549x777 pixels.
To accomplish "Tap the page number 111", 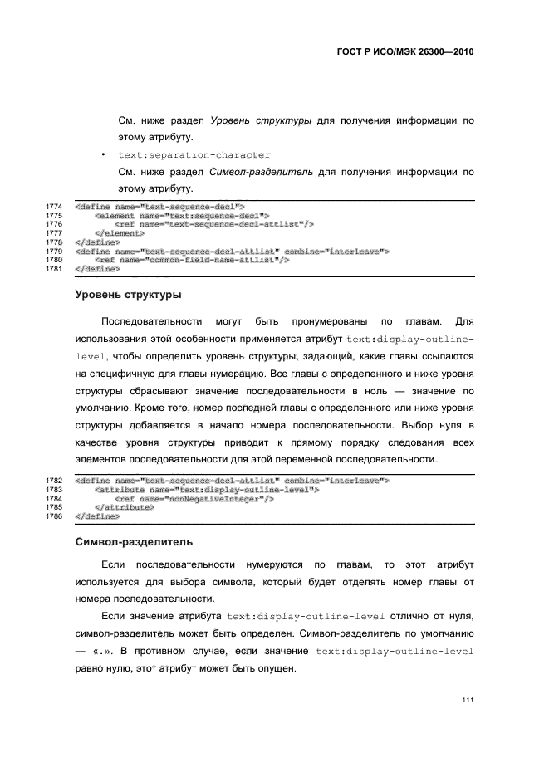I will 468,701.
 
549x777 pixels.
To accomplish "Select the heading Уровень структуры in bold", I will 129,294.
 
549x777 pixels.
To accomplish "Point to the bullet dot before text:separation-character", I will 102,155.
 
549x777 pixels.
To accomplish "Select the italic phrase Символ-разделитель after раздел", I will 262,173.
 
